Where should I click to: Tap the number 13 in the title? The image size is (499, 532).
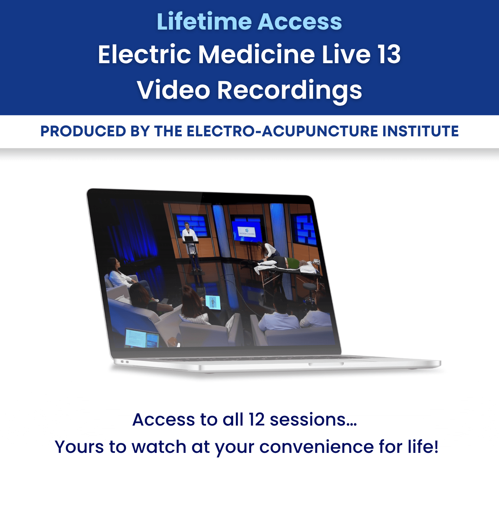389,54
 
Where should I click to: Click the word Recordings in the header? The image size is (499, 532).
289,90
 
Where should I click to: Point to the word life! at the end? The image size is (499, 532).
423,446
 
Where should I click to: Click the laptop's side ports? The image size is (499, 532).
125,361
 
